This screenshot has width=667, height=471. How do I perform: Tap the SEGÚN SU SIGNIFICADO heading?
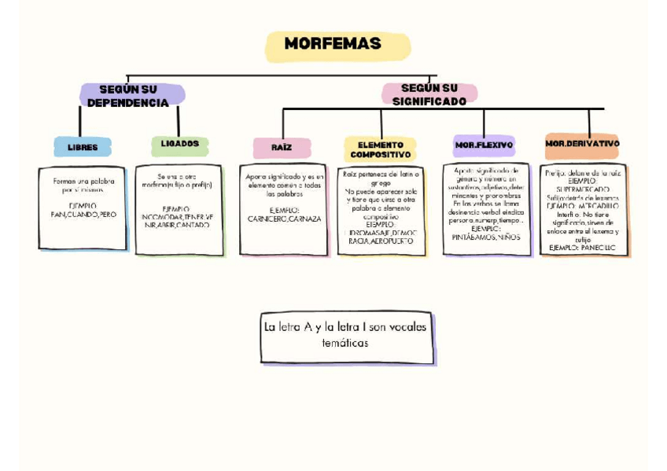[x=429, y=94]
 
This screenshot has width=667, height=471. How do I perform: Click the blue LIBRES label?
[x=83, y=147]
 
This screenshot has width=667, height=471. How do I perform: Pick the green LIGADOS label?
[x=180, y=145]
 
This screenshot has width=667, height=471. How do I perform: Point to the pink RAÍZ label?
[x=282, y=148]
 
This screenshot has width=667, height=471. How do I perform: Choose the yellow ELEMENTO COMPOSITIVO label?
[x=380, y=150]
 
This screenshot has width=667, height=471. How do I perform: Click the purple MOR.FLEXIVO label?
[x=484, y=145]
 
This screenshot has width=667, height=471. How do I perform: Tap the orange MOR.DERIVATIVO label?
[x=582, y=145]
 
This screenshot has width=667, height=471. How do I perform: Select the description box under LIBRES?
[x=82, y=208]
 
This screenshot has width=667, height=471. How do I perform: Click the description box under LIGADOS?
[x=179, y=210]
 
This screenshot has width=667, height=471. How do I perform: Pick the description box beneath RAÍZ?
[x=283, y=209]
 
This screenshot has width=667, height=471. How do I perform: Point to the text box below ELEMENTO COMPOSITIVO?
[x=381, y=211]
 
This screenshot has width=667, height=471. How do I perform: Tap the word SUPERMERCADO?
[x=581, y=190]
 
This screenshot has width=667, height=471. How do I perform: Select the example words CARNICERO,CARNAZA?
[x=284, y=219]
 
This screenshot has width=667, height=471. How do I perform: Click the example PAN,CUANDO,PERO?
[x=83, y=214]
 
